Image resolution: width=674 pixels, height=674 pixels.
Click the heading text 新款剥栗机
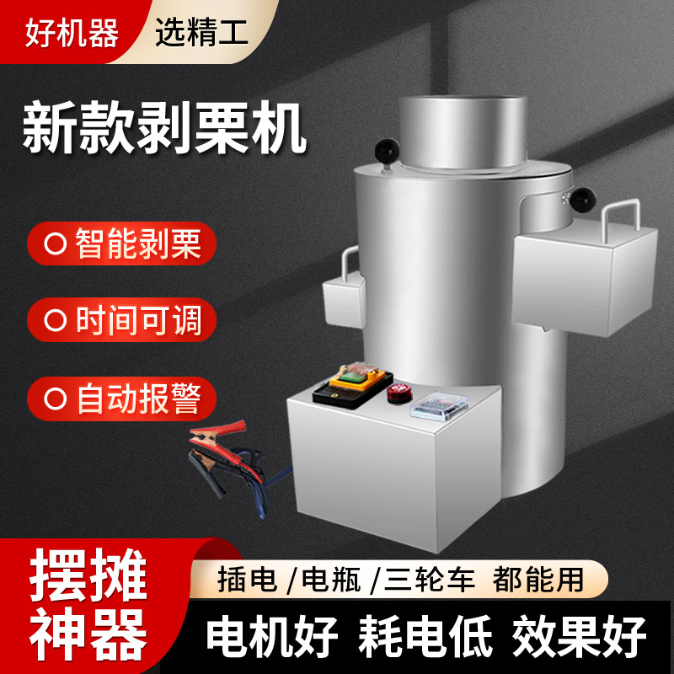click(x=164, y=128)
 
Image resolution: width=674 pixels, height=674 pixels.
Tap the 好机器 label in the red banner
click(x=72, y=31)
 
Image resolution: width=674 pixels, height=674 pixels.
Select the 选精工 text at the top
click(x=200, y=31)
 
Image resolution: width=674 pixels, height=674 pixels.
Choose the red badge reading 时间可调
click(x=122, y=321)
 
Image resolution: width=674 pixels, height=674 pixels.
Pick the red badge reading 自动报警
click(x=122, y=398)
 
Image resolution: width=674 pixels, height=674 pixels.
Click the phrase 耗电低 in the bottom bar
click(x=426, y=636)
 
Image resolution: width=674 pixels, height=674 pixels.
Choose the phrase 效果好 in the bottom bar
click(x=581, y=636)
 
